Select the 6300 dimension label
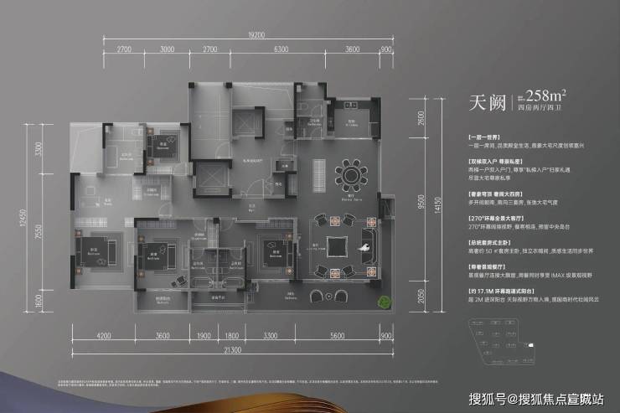[282, 50]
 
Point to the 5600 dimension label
[338, 336]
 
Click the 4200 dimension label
[104, 336]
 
